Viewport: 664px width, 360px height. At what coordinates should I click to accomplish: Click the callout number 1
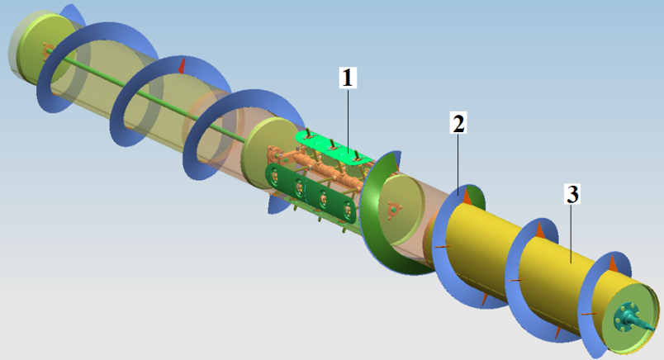coord(348,78)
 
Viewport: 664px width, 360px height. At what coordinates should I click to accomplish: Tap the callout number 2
coord(458,123)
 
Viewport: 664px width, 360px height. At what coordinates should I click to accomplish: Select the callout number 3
coord(572,194)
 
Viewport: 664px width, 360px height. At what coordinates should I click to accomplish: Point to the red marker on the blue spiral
coord(182,67)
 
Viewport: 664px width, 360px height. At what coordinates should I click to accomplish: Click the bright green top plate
coord(334,148)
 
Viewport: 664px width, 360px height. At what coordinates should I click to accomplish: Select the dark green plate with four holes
coord(311,193)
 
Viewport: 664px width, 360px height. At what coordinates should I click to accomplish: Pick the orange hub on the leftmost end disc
coord(47,50)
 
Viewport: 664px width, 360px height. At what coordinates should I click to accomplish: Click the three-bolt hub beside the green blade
coord(393,209)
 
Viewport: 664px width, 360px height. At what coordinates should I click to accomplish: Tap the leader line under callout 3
coord(572,234)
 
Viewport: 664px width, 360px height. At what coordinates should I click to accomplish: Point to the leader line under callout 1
coord(348,120)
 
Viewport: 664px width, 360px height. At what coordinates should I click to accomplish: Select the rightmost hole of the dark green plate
coord(348,209)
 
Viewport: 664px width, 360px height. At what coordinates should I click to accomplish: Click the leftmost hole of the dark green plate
coord(274,174)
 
